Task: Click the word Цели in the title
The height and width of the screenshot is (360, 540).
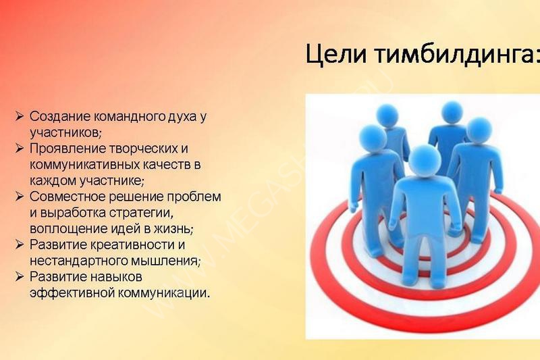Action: point(335,55)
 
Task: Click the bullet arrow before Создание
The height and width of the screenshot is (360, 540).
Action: point(20,116)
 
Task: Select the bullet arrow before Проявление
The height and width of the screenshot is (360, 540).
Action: point(20,149)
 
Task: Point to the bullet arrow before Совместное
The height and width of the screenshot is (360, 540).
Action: point(20,197)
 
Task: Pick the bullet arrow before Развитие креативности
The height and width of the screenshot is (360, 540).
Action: point(20,245)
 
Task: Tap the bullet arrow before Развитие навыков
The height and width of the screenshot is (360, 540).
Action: point(20,277)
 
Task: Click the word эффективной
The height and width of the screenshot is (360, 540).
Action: point(72,293)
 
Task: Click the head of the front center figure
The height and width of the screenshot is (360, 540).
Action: point(425,161)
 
